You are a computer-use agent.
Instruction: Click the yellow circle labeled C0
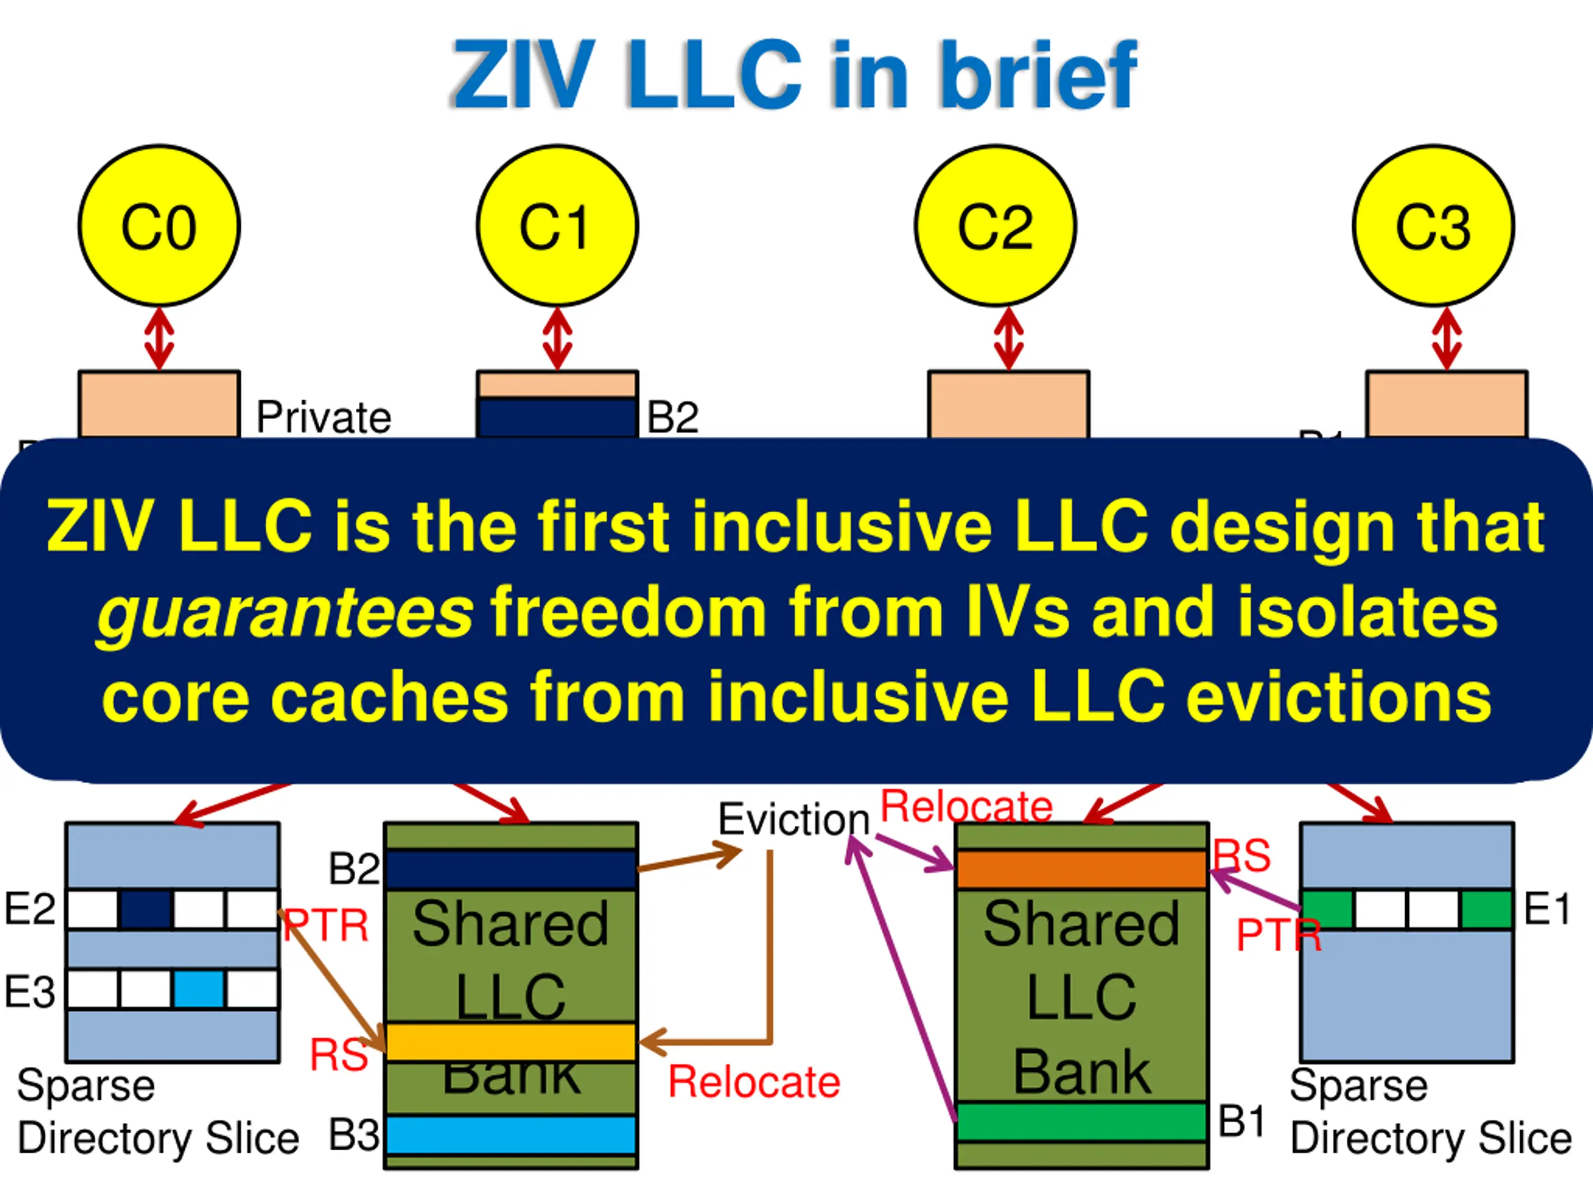159,226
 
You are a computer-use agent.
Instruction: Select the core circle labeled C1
558,226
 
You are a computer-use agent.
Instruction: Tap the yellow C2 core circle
995,226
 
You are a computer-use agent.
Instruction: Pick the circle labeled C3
1433,226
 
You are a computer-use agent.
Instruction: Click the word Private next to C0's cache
324,417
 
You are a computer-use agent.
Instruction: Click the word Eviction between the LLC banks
793,820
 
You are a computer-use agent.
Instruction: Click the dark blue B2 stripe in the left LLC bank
511,869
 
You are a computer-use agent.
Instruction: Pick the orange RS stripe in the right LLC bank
1081,869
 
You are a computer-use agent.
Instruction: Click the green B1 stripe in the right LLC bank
1081,1122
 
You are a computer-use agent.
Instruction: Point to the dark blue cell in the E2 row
146,910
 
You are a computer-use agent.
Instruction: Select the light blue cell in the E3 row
199,989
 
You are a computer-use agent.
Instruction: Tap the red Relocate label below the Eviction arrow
754,1082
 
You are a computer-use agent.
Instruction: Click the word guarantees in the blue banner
285,614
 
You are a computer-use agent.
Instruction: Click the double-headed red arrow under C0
159,339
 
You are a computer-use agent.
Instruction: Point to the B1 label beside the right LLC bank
1241,1122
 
